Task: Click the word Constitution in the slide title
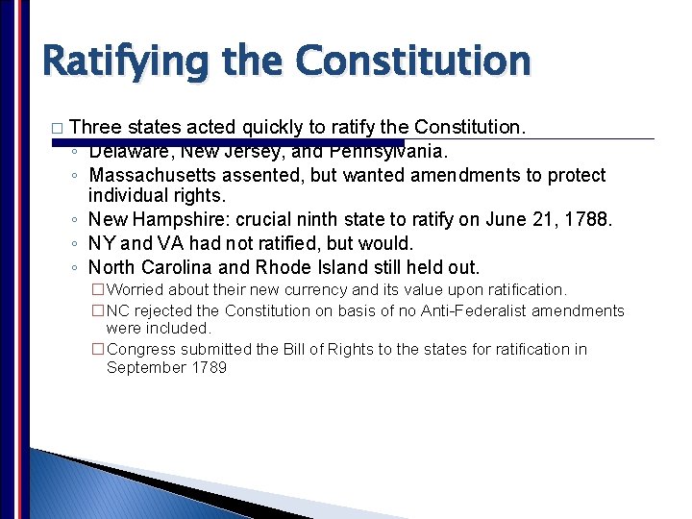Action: (412, 61)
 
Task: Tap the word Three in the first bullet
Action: (95, 126)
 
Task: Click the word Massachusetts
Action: (153, 175)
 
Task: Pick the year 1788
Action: (587, 220)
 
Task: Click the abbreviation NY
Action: (101, 243)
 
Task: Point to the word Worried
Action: (136, 289)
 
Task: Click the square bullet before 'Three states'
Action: (56, 128)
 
